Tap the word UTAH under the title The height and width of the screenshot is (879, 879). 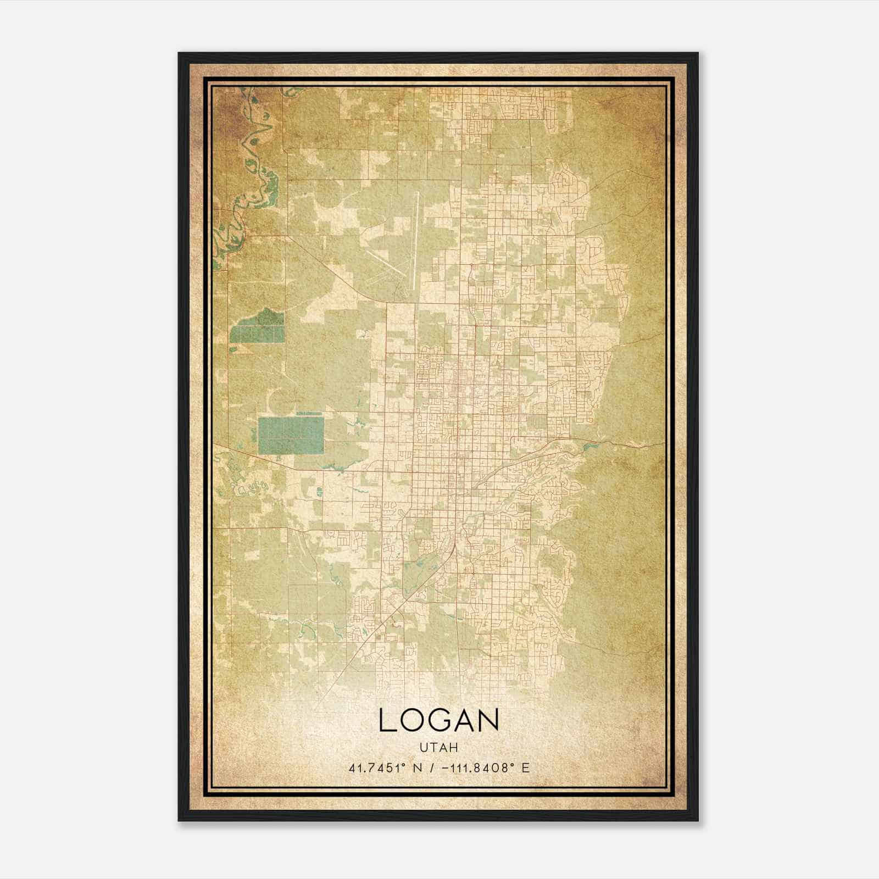tap(439, 747)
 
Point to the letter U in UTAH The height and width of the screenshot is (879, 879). tap(424, 747)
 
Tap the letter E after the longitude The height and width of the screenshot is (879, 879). tap(526, 768)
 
